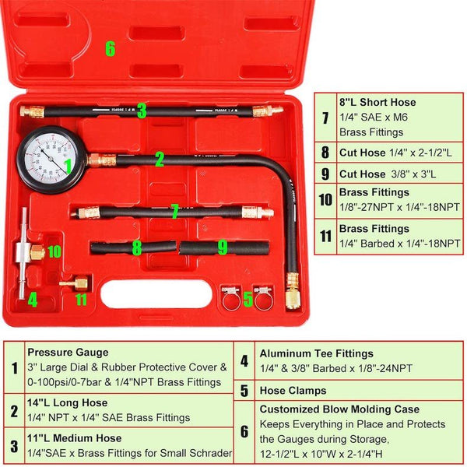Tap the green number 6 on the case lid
click(x=110, y=48)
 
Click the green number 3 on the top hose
click(x=142, y=111)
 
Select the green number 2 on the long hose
click(x=159, y=160)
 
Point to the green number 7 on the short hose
click(x=175, y=211)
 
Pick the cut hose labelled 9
click(x=224, y=248)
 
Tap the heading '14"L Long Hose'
click(x=68, y=403)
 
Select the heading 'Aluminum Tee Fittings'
click(x=316, y=353)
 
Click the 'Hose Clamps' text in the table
click(x=293, y=391)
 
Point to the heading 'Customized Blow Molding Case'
click(x=339, y=409)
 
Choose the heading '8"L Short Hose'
click(x=377, y=102)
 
